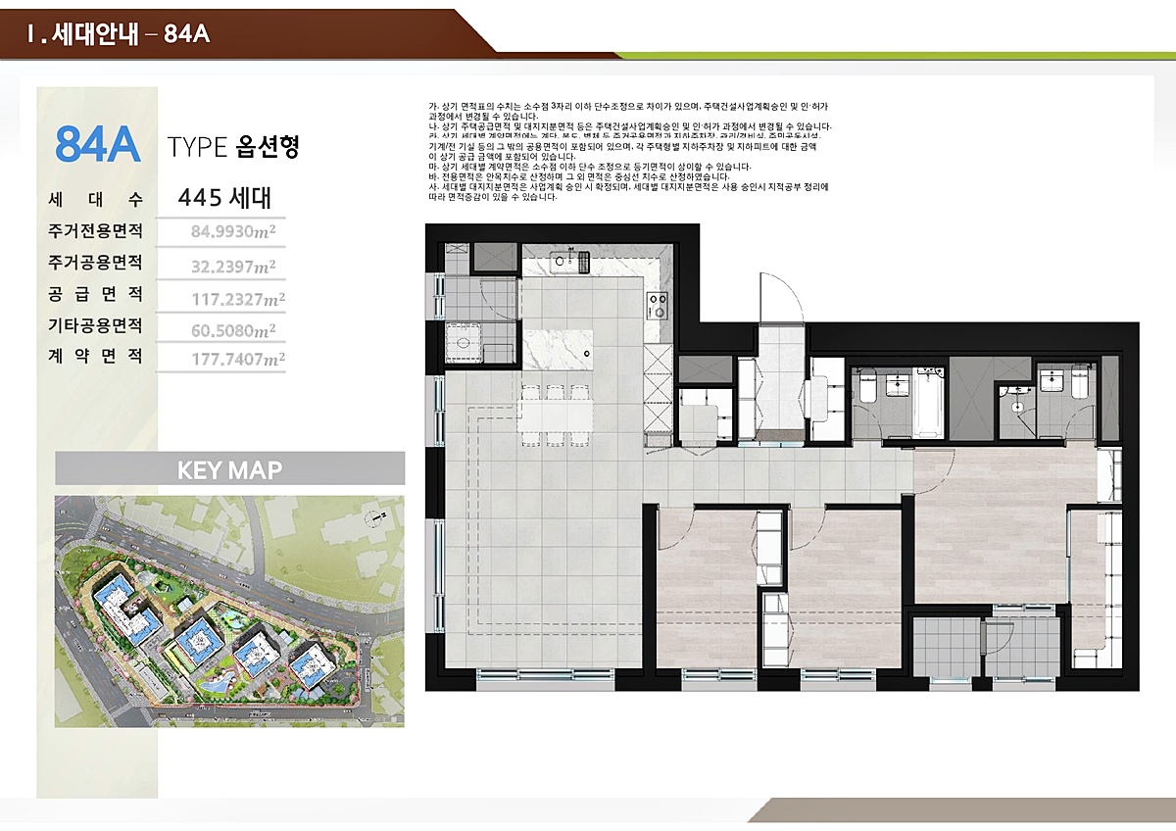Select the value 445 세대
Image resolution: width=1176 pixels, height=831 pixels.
[224, 198]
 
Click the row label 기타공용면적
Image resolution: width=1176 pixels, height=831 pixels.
[95, 325]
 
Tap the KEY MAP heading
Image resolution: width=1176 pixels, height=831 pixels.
[229, 469]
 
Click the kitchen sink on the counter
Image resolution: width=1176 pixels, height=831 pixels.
[565, 262]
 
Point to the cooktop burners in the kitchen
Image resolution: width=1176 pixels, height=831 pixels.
[658, 305]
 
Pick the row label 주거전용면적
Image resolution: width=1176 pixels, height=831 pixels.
[95, 232]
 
